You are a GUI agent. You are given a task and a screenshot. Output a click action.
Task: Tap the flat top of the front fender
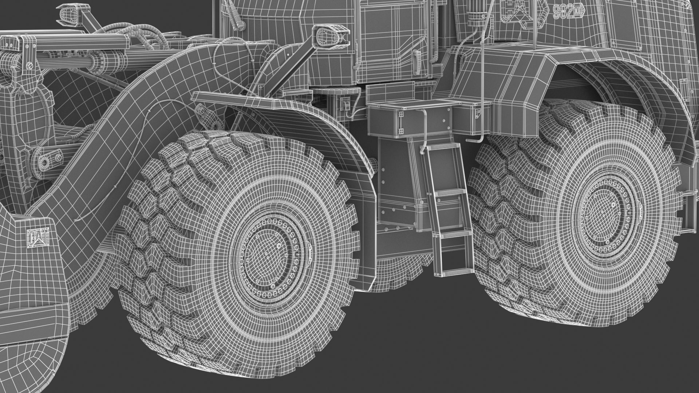[x=233, y=100]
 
